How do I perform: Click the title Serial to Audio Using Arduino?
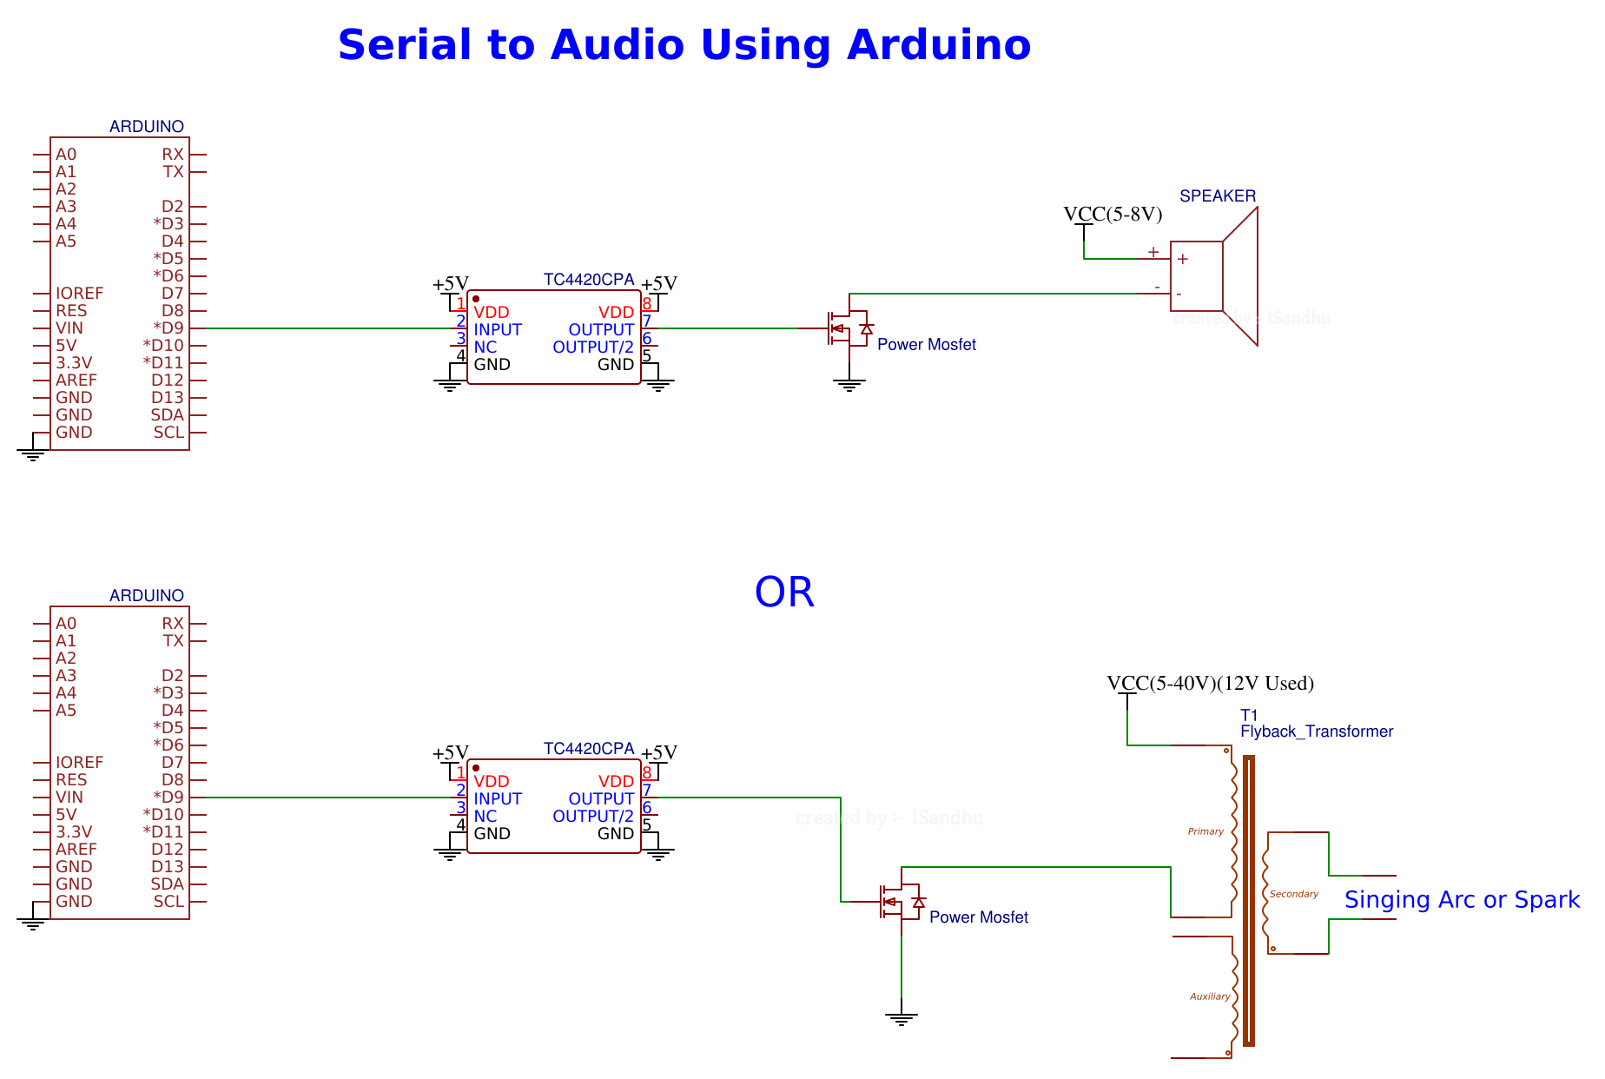tap(684, 45)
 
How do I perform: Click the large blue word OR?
tap(783, 592)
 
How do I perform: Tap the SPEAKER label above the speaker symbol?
tap(1217, 196)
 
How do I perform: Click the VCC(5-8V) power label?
tap(1113, 215)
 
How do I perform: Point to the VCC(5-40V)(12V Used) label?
tap(1210, 684)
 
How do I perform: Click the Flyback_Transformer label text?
tap(1316, 731)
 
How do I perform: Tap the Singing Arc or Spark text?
tap(1462, 900)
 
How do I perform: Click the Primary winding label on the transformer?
tap(1205, 831)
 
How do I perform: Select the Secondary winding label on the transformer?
tap(1293, 894)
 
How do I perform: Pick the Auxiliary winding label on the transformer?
tap(1209, 996)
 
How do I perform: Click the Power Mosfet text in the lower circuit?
tap(978, 917)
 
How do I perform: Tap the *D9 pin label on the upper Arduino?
tap(168, 328)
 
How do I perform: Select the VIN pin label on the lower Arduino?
tap(69, 798)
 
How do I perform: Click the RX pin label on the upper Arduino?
tap(172, 155)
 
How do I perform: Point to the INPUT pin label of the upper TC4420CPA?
tap(497, 330)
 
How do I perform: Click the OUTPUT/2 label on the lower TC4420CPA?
tap(593, 817)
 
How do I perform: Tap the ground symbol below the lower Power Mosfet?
tap(901, 1018)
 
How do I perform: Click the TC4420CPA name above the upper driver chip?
tap(588, 280)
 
